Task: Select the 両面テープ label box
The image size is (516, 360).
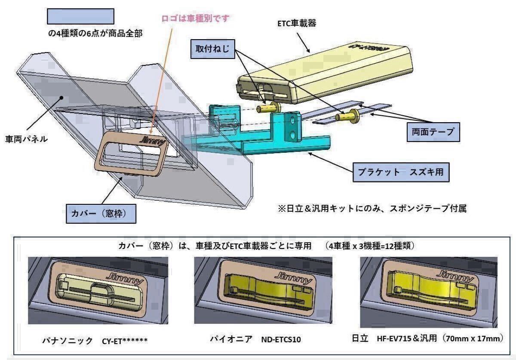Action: tap(432, 132)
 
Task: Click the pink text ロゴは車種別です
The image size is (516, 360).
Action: tap(196, 18)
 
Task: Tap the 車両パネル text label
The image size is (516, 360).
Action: tap(27, 139)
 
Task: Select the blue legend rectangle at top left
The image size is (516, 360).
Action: tap(80, 16)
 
